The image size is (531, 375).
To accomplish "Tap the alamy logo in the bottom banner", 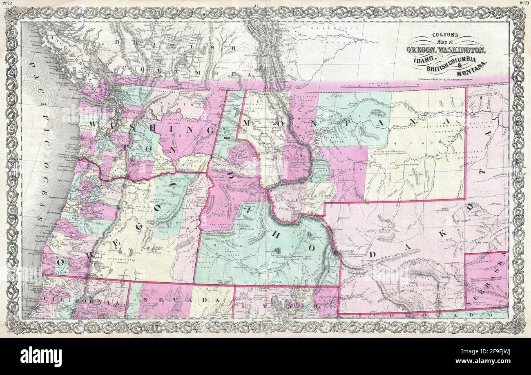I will pos(41,355).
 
